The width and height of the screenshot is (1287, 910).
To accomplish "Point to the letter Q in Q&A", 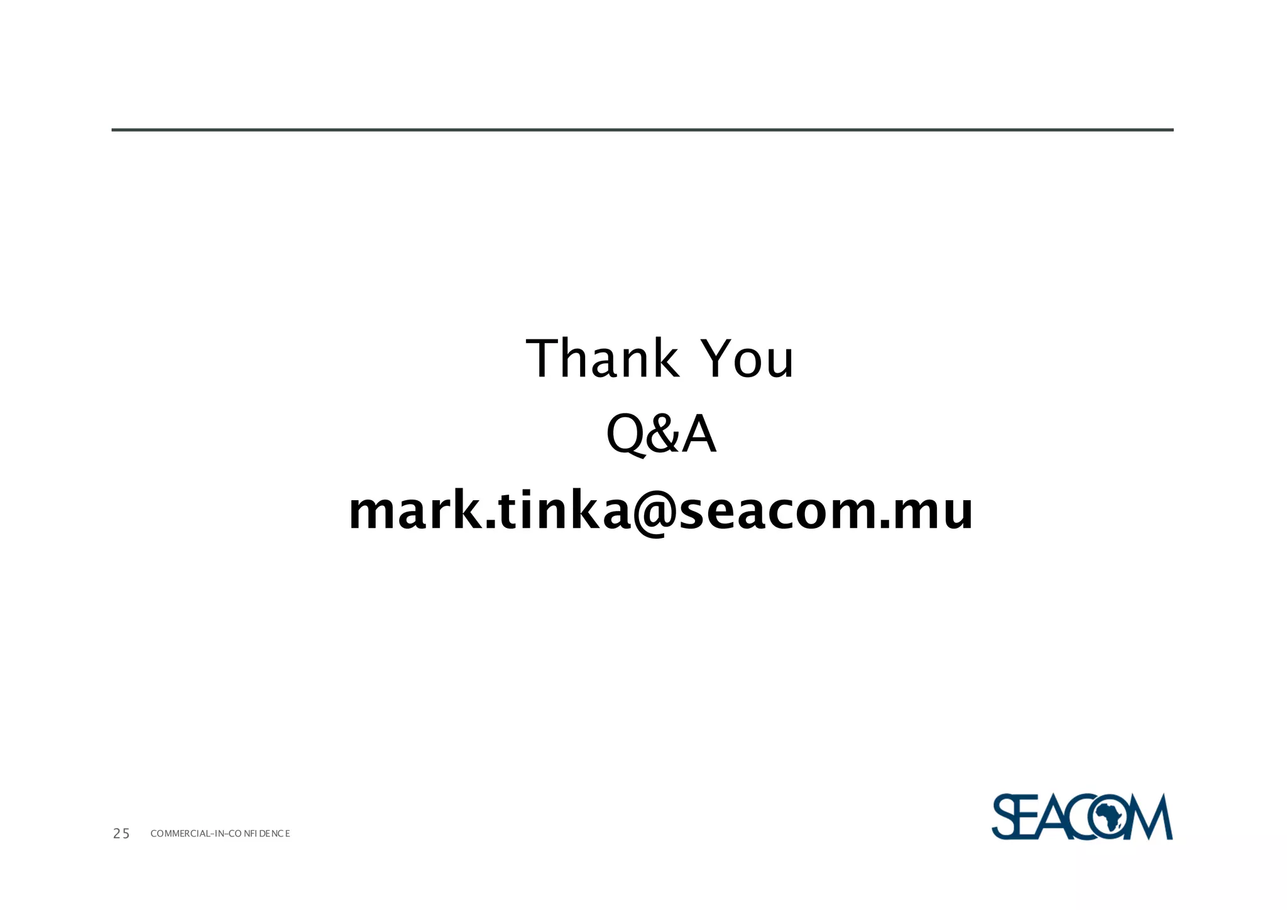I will (626, 435).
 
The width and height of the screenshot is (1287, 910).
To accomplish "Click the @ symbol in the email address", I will (655, 513).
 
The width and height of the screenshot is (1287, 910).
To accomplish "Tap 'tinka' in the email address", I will (559, 510).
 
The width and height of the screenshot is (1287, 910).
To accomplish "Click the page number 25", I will (121, 834).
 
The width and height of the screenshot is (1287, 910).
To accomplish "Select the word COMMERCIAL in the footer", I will (180, 834).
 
